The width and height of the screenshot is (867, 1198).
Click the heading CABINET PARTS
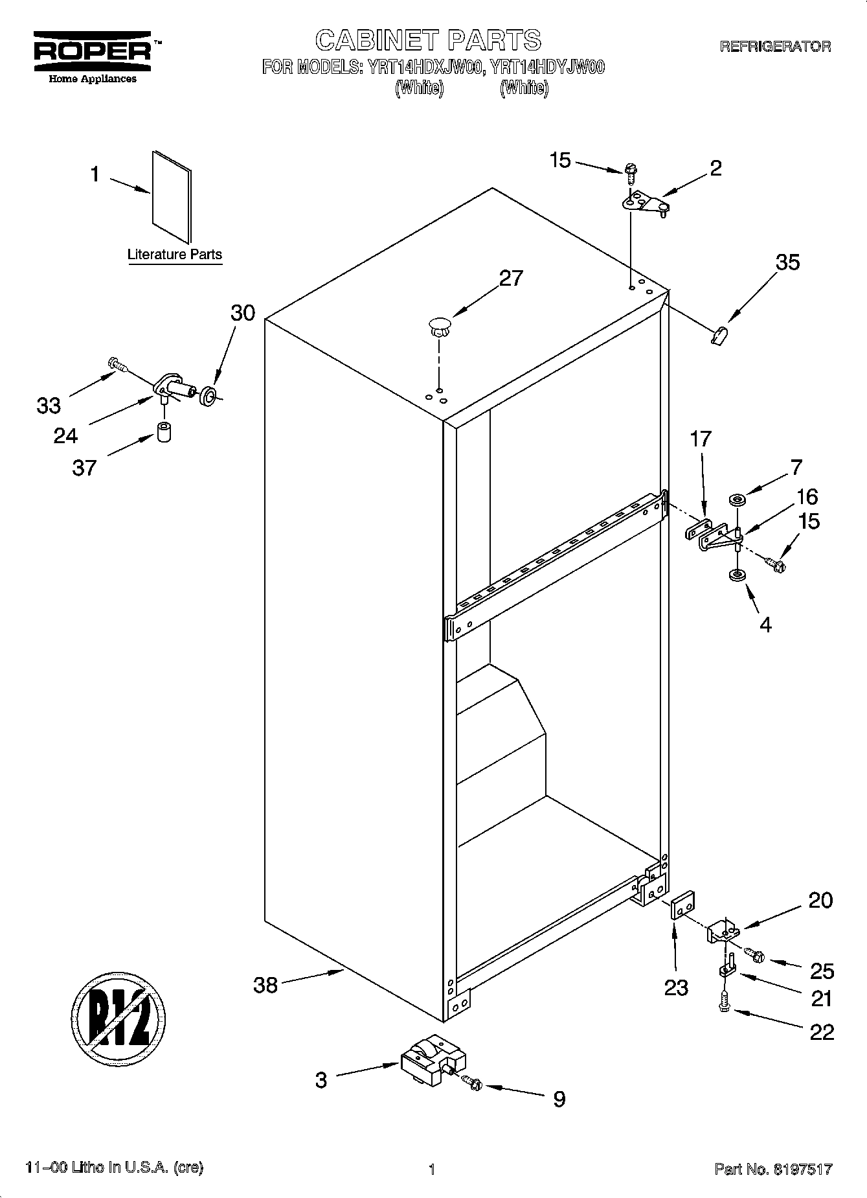coord(428,41)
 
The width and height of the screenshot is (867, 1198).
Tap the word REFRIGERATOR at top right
coord(775,47)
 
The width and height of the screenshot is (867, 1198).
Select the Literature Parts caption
coord(174,255)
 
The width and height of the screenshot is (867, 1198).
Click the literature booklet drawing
coord(172,196)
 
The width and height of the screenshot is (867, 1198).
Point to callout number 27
coord(510,278)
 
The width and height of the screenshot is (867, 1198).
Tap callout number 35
coord(787,262)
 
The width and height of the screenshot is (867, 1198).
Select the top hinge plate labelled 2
coord(644,203)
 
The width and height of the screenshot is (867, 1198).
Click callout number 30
coord(243,313)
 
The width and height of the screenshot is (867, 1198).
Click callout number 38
coord(265,985)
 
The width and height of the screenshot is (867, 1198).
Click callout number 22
coord(822,1031)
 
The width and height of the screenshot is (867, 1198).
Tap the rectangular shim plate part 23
coord(683,907)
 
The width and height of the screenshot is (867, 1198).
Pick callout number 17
coord(700,440)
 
